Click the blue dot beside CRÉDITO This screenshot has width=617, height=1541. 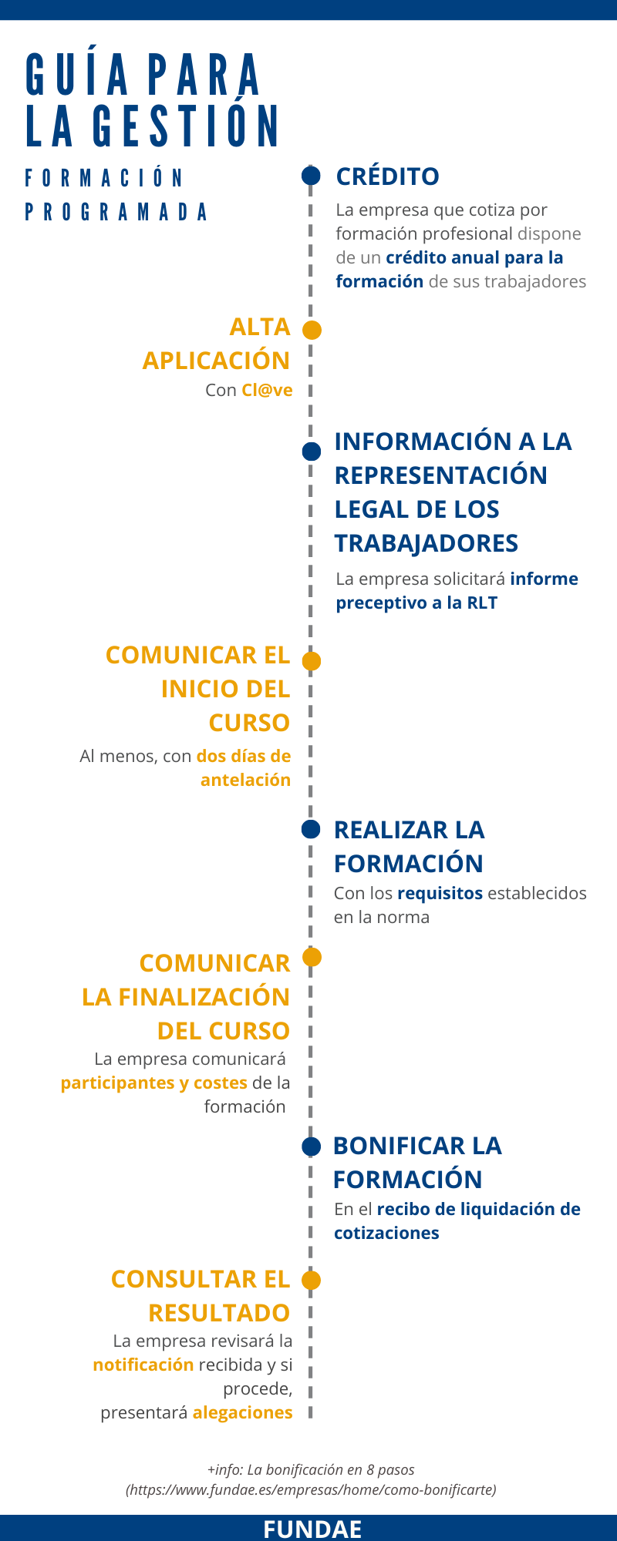tap(311, 176)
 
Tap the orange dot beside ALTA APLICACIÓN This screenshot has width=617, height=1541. tap(312, 330)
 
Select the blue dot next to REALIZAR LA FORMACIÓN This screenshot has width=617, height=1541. tap(311, 829)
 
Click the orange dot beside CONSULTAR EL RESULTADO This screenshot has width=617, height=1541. tap(311, 1280)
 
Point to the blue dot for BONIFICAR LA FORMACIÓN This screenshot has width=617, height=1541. tap(311, 1146)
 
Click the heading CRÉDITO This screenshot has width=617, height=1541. tap(387, 176)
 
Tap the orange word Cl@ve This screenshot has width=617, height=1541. tap(267, 390)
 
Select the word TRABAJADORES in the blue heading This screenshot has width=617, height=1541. tap(426, 543)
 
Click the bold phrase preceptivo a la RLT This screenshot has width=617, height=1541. tap(416, 603)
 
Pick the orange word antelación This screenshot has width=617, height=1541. tap(245, 780)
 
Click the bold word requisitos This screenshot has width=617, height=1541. tap(440, 893)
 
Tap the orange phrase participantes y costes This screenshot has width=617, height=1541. tap(153, 1083)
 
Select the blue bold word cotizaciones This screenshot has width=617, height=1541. tap(386, 1233)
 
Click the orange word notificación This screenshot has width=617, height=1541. tap(143, 1365)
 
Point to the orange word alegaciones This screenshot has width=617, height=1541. tap(242, 1412)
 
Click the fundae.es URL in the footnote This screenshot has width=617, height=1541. tap(311, 1489)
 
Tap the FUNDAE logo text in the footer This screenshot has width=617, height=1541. tap(312, 1529)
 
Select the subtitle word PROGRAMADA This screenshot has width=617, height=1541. tap(116, 212)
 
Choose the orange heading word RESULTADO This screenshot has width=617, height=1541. tap(219, 1313)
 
